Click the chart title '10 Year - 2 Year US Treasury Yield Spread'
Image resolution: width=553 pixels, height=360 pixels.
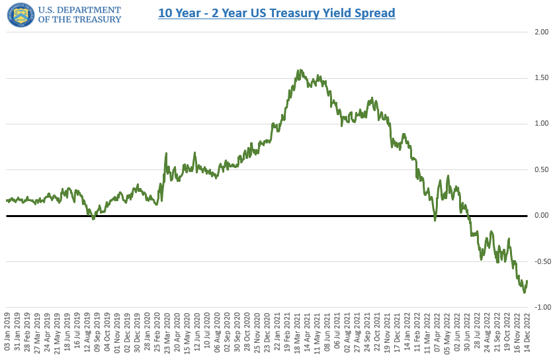click(276, 13)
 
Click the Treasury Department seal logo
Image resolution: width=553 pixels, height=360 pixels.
click(21, 15)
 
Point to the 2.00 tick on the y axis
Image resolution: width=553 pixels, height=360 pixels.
click(541, 32)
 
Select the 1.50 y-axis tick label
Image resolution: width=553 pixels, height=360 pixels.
click(541, 78)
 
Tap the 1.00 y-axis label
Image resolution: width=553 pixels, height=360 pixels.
click(541, 124)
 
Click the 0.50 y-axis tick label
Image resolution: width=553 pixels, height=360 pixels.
click(541, 170)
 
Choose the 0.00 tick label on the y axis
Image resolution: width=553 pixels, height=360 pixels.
click(541, 216)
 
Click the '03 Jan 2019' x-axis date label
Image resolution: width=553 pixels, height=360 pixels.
click(7, 334)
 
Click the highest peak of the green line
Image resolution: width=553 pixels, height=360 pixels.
click(300, 70)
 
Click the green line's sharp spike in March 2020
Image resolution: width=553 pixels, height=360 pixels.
click(165, 154)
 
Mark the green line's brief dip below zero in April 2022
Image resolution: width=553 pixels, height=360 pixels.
click(435, 220)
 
